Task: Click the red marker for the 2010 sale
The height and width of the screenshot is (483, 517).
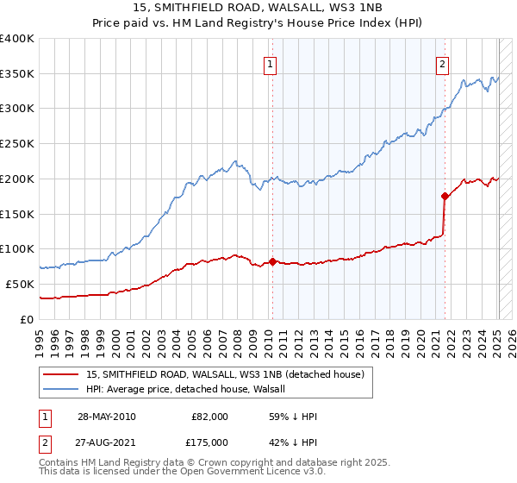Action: point(272,261)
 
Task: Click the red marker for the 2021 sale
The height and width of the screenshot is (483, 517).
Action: point(445,196)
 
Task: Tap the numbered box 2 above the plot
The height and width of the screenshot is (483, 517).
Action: point(442,63)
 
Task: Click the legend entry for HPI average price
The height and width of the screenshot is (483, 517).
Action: point(190,389)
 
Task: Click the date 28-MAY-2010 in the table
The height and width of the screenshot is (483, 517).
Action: point(105,417)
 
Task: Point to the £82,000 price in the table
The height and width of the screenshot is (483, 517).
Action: point(209,417)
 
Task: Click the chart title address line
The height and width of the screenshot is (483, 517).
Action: point(258,7)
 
